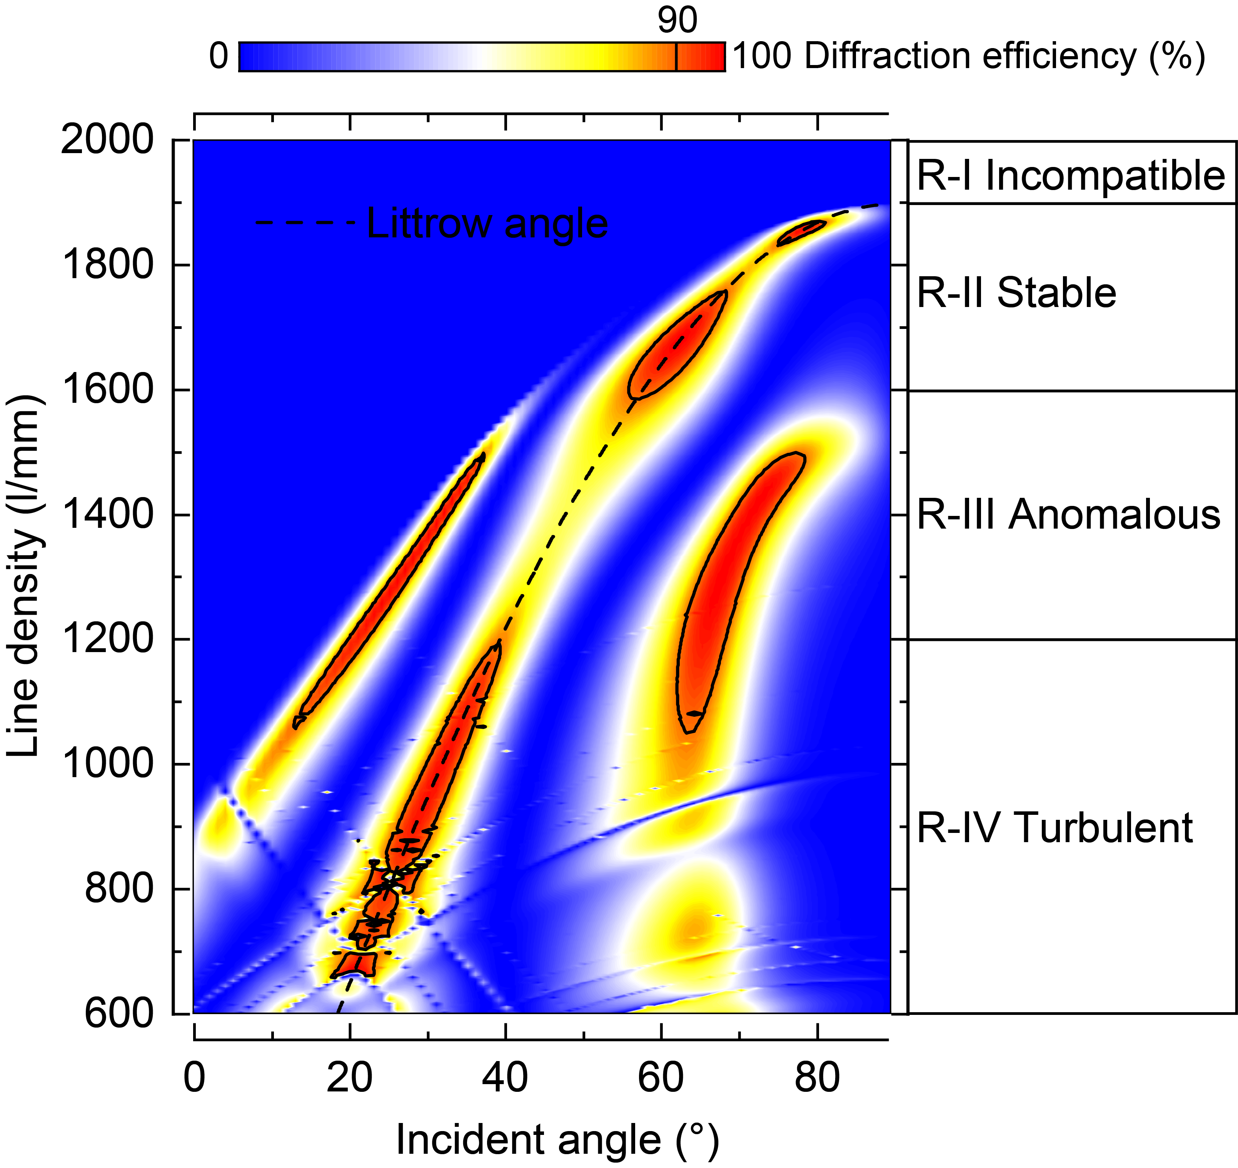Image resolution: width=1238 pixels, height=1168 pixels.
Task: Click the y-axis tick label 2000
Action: (107, 140)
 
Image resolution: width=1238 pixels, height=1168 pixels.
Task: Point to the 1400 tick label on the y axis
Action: (107, 515)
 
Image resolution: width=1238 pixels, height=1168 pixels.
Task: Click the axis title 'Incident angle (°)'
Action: (557, 1140)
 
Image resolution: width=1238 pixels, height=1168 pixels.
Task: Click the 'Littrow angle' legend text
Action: (487, 223)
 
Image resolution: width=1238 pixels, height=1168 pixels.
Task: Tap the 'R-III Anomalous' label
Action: (1068, 515)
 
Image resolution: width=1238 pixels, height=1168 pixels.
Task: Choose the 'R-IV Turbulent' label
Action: (1054, 828)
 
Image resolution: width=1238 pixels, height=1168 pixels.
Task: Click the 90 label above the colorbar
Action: (677, 20)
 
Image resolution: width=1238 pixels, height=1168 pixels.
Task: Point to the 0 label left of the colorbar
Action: (219, 56)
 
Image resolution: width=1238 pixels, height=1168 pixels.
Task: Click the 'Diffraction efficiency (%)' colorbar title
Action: (1004, 56)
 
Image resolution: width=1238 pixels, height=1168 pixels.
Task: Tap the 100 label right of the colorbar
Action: (761, 56)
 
